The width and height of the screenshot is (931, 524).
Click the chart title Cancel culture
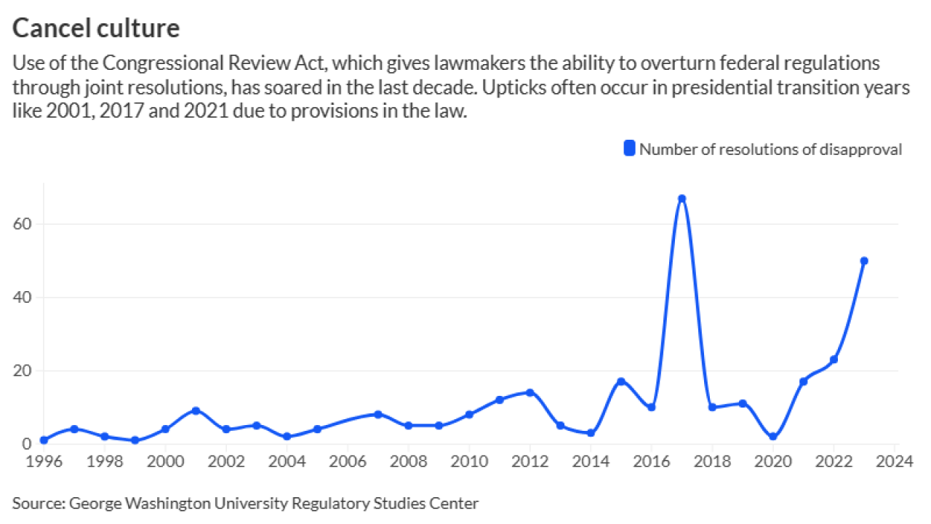(x=96, y=28)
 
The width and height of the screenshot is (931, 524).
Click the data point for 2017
(x=682, y=199)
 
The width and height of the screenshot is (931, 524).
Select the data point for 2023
(x=864, y=261)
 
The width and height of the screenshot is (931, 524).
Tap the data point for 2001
(x=196, y=410)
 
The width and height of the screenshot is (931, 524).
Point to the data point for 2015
(x=621, y=381)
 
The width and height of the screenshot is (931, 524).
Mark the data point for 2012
(x=530, y=392)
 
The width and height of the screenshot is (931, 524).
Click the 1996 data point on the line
(x=44, y=440)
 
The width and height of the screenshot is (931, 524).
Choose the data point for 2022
(x=834, y=360)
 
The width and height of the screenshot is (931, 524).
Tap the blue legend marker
(x=629, y=149)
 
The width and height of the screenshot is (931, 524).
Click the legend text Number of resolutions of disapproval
(x=770, y=149)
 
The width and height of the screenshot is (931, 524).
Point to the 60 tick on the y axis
(x=25, y=223)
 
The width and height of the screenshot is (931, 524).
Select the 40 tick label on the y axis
(x=25, y=297)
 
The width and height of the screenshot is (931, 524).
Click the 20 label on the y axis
(x=25, y=370)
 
